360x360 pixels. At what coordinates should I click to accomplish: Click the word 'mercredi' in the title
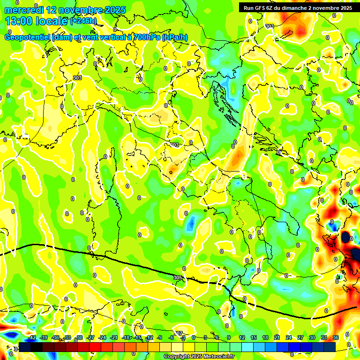(22, 10)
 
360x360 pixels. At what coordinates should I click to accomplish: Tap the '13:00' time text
(18, 21)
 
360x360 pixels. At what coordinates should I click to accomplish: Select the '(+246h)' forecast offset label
(83, 21)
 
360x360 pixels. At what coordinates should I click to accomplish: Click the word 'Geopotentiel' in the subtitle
(28, 37)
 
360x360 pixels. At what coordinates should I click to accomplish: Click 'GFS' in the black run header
(261, 8)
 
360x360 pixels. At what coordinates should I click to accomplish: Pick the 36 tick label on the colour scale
(335, 337)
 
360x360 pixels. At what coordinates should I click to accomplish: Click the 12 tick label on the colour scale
(241, 337)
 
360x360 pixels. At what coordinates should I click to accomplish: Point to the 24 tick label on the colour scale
(288, 337)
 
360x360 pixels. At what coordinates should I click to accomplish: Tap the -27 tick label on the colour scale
(90, 337)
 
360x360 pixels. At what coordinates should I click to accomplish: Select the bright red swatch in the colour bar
(95, 347)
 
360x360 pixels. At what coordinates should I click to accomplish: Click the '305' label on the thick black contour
(177, 277)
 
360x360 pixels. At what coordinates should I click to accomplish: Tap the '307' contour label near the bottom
(178, 333)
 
